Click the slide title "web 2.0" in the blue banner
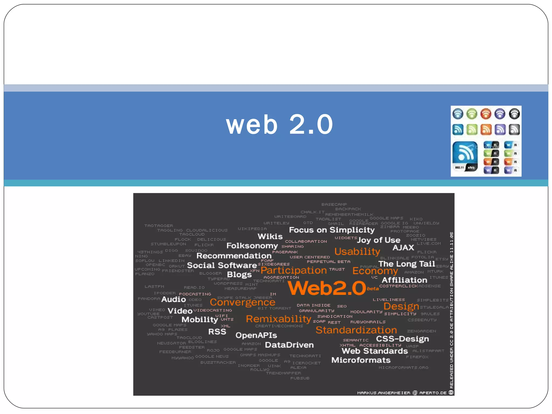[x=280, y=124]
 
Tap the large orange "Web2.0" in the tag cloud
[x=327, y=288]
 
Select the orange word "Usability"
[x=357, y=251]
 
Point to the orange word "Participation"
[x=294, y=270]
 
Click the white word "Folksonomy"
[x=252, y=246]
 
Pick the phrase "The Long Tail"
[x=406, y=264]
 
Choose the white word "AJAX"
[x=403, y=247]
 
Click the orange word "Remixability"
[x=278, y=319]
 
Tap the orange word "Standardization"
[x=356, y=330]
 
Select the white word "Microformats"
[x=361, y=360]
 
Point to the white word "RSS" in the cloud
[x=217, y=332]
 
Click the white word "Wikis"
[x=270, y=236]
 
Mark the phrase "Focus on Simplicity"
[x=332, y=230]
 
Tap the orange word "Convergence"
[x=242, y=302]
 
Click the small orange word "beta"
[x=373, y=289]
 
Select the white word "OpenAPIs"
[x=256, y=335]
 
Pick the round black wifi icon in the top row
[x=514, y=114]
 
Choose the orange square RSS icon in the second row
[x=486, y=130]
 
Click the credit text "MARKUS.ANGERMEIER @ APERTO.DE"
[x=402, y=393]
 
